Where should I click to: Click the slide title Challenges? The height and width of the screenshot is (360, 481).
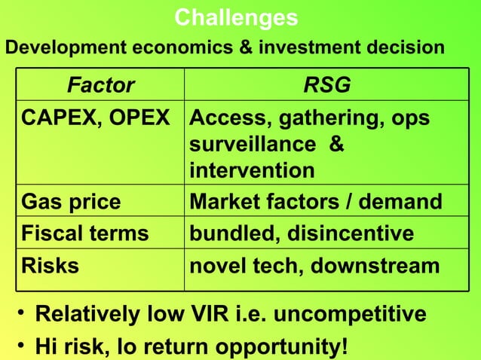pos(236,17)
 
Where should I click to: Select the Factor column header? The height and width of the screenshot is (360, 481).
pos(101,86)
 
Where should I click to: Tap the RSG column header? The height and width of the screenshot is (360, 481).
pos(326,86)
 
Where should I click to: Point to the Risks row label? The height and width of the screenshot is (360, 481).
pos(50,265)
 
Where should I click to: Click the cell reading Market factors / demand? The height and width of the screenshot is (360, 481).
pos(316,202)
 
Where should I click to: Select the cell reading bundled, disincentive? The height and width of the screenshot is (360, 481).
pos(302,233)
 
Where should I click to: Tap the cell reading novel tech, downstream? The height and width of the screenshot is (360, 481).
pos(314,265)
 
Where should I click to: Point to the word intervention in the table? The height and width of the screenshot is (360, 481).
pos(253,171)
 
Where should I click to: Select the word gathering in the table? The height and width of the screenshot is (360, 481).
pos(317,119)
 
